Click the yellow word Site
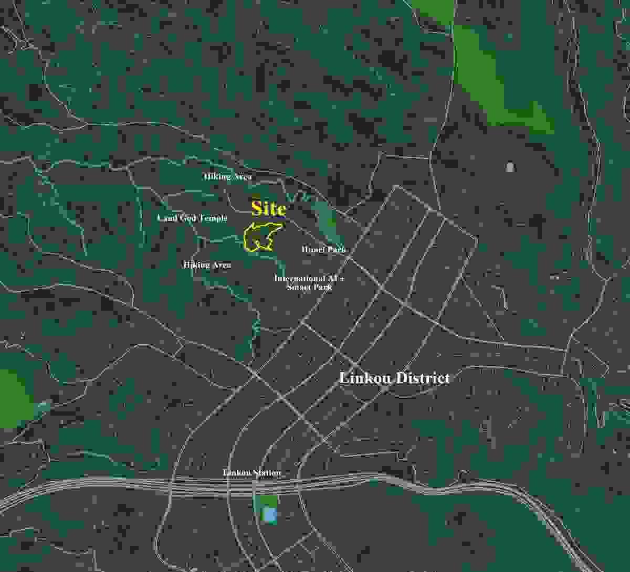(x=268, y=209)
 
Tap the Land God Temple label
(x=192, y=218)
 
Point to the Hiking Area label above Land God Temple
(x=227, y=177)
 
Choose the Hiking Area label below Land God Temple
(x=207, y=266)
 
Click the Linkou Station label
(x=251, y=473)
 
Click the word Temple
(x=213, y=218)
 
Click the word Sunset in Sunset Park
(x=299, y=288)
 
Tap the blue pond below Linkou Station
(x=269, y=515)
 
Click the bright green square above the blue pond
(x=268, y=502)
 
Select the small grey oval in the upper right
(x=510, y=167)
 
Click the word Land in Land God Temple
(x=167, y=218)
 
